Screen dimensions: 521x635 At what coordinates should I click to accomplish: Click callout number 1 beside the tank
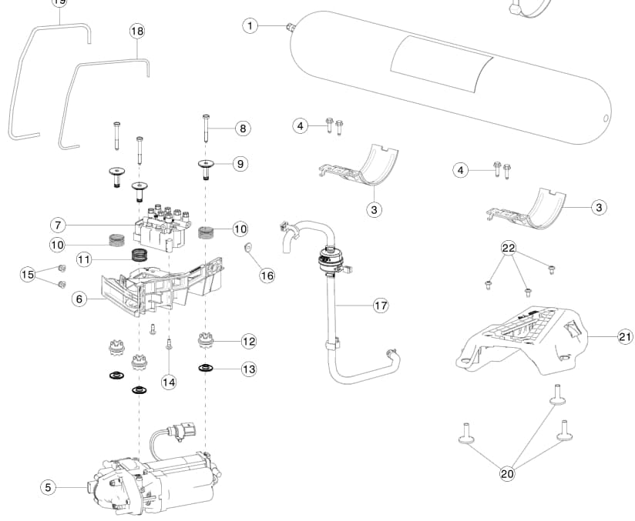coord(250,26)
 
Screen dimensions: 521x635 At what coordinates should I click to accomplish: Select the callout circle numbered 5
coord(49,486)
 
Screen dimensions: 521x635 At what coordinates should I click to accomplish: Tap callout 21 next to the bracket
coord(625,336)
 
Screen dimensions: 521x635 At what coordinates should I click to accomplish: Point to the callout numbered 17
coord(380,306)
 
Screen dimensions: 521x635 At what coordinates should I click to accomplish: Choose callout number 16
coord(267,275)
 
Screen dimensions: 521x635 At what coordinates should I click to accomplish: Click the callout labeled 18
coord(137,32)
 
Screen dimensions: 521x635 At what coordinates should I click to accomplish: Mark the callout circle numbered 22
coord(509,248)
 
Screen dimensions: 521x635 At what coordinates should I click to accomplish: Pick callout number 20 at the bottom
coord(507,474)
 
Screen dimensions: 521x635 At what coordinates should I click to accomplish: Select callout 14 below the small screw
coord(169,381)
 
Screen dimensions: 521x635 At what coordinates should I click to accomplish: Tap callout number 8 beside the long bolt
coord(243,129)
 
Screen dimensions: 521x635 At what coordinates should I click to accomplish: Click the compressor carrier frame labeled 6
coord(166,289)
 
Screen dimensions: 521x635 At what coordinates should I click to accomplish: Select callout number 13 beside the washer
coord(248,369)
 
